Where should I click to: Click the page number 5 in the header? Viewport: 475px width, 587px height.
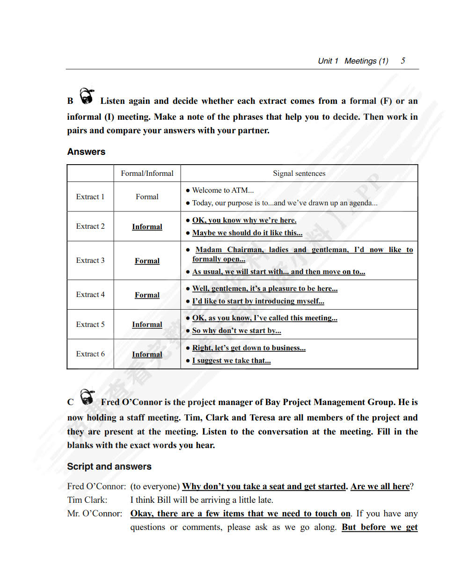[403, 61]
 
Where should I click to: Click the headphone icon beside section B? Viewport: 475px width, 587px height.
[87, 96]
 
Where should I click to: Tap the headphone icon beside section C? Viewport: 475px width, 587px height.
[87, 398]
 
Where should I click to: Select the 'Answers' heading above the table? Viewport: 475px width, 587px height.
[86, 152]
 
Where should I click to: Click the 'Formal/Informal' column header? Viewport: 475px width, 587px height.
[147, 174]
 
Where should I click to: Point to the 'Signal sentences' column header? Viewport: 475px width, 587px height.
[299, 174]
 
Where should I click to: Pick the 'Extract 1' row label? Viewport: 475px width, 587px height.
[90, 197]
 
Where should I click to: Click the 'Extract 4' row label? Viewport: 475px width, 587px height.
[90, 295]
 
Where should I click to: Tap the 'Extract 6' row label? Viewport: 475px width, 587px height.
[90, 354]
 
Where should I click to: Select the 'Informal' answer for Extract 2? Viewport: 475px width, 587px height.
[147, 227]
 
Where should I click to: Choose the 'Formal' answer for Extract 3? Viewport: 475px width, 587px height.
[147, 261]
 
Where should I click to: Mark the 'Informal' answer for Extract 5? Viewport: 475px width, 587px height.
[147, 325]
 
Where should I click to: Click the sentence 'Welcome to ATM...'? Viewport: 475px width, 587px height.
[223, 190]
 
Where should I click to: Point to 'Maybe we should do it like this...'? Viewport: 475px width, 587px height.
[247, 233]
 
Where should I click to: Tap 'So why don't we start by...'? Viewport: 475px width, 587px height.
[236, 331]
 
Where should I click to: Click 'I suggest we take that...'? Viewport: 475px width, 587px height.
[231, 361]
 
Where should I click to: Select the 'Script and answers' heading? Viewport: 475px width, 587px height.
[109, 466]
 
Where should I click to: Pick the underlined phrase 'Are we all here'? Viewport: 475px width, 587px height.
[380, 486]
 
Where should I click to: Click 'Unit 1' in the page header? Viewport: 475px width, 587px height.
[328, 61]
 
